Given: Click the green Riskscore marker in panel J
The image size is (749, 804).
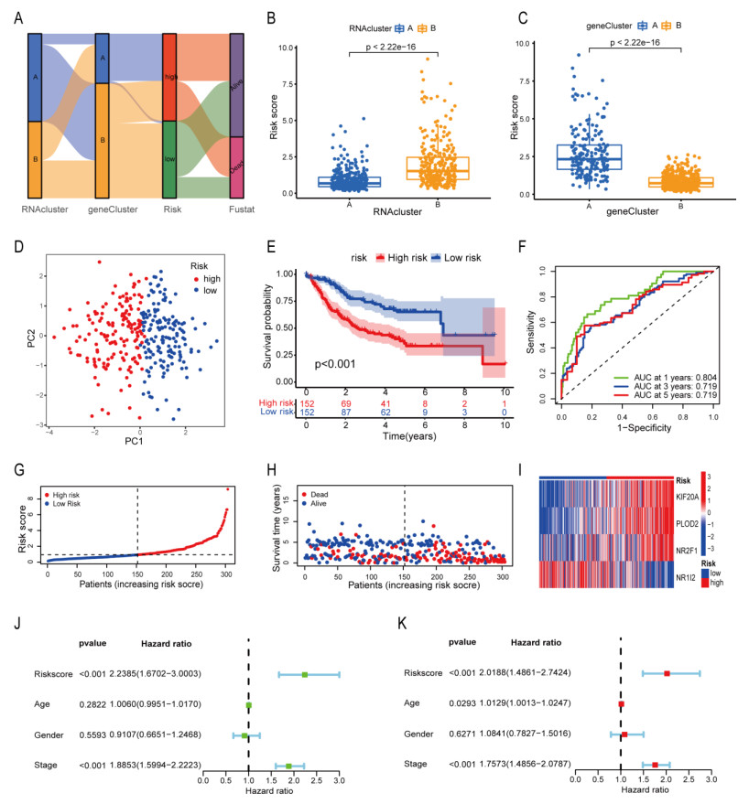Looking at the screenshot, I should (x=305, y=675).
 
